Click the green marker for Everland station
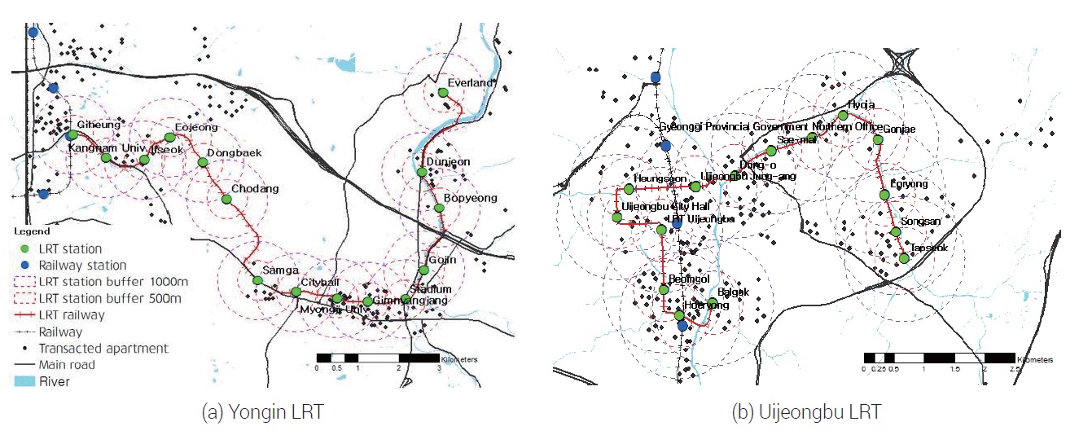tap(443, 93)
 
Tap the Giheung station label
tap(99, 125)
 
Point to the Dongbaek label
tap(233, 152)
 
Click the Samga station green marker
tap(258, 281)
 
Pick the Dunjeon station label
tap(449, 161)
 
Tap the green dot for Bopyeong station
tap(439, 208)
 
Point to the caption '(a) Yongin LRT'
tap(262, 413)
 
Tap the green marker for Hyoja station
tap(843, 116)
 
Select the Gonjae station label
tap(898, 130)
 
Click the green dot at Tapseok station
tap(904, 258)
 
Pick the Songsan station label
tap(921, 222)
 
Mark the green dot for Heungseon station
tap(629, 190)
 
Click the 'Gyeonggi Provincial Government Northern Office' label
tap(770, 127)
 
